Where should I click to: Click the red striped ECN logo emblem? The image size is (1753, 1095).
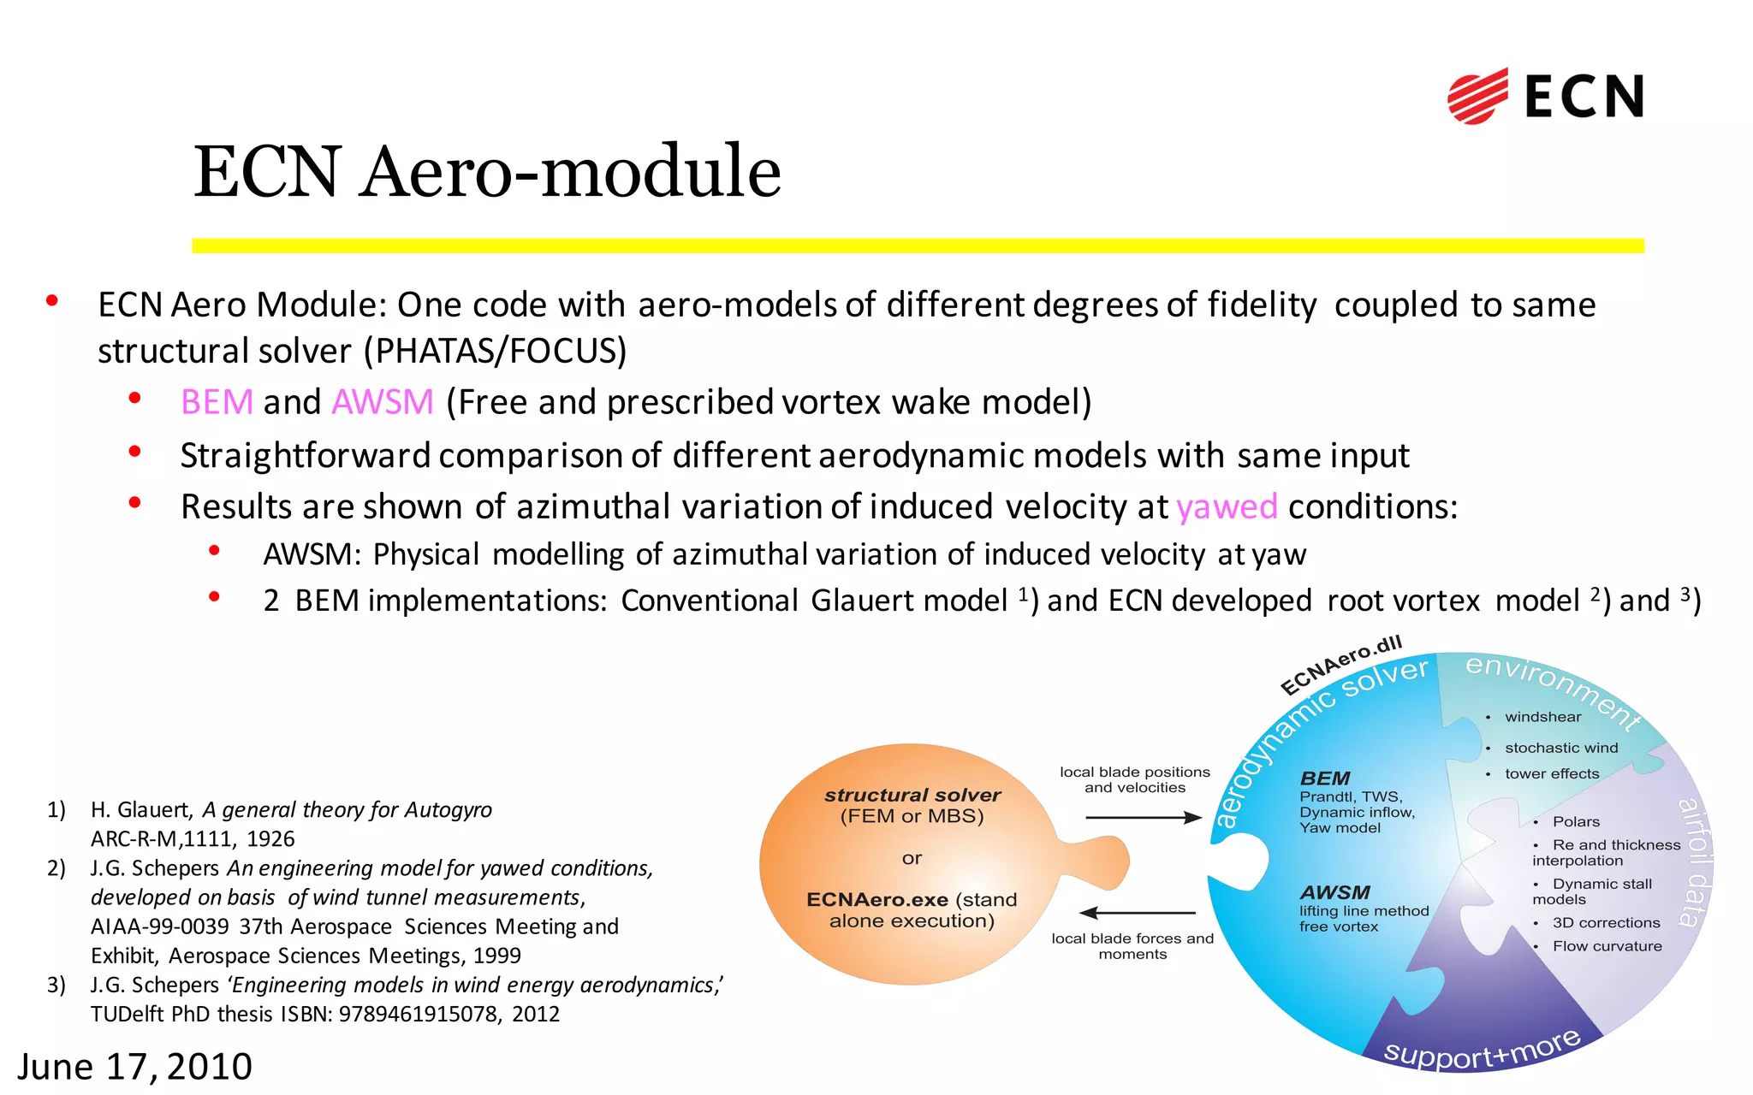(x=1477, y=96)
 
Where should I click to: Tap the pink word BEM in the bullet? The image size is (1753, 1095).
(x=217, y=402)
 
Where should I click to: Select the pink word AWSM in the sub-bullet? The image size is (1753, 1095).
(x=383, y=402)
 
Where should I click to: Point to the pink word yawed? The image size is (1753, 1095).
(x=1227, y=507)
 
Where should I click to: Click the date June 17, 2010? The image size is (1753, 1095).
(x=135, y=1067)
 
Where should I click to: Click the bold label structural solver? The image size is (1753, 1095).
(x=912, y=795)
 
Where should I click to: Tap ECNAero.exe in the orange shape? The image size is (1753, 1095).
(x=877, y=900)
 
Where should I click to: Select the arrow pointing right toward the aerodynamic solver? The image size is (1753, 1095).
(x=1144, y=818)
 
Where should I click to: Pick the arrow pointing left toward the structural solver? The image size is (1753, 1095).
(x=1138, y=913)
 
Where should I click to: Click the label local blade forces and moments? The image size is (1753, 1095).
(x=1132, y=946)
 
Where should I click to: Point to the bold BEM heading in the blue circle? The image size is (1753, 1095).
(x=1325, y=778)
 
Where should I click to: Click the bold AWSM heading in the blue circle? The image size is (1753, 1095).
(x=1334, y=892)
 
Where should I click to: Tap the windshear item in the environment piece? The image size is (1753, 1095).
(x=1542, y=717)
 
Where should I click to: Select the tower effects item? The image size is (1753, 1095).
(x=1551, y=774)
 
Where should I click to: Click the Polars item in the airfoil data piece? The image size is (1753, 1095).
(x=1576, y=822)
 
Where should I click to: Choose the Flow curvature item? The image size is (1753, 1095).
(x=1607, y=946)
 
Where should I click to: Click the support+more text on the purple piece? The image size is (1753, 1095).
(x=1482, y=1050)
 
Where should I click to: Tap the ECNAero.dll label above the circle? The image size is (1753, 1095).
(x=1340, y=665)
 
